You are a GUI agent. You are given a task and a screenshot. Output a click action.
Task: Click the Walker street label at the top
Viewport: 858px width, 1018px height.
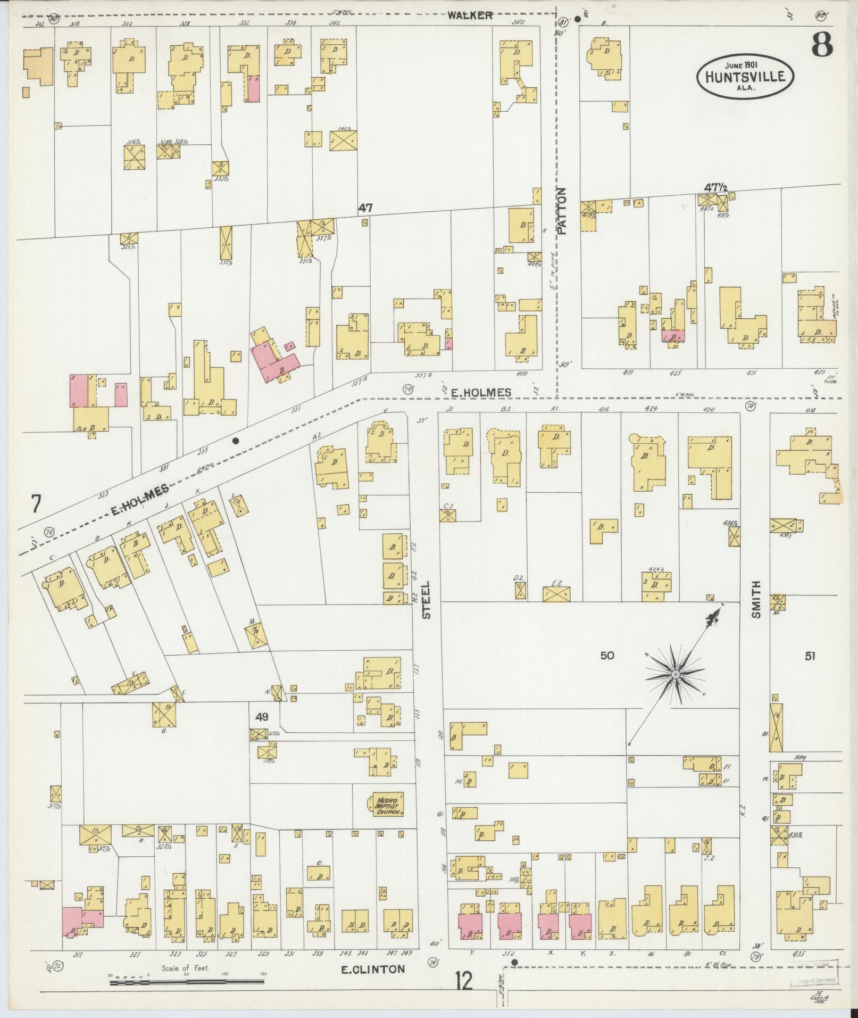pos(470,15)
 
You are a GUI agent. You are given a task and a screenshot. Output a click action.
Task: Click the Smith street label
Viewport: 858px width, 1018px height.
pos(756,600)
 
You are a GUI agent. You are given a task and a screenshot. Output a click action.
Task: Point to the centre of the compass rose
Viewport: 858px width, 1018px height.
pos(674,675)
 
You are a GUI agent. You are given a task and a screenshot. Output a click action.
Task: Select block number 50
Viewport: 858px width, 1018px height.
pos(607,656)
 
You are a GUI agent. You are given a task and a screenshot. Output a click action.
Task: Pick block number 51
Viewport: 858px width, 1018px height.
pos(809,656)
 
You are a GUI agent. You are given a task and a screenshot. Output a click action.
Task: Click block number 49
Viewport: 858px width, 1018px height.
pos(261,717)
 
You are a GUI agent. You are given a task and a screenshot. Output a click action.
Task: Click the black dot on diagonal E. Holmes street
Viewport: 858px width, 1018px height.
pos(236,441)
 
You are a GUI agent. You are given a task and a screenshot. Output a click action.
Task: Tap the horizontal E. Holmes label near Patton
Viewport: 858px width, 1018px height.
pos(480,392)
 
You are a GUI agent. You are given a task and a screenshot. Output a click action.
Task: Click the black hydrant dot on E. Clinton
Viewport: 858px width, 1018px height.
pos(514,962)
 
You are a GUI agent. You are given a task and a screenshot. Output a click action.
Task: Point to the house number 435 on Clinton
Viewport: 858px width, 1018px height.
pos(798,954)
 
